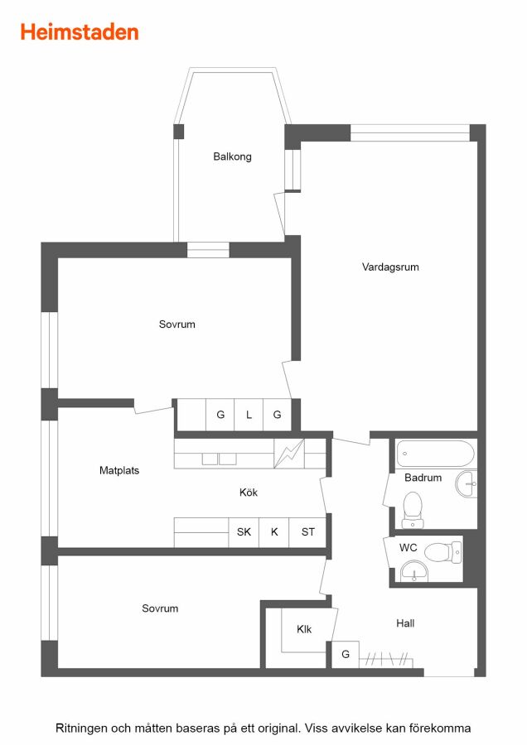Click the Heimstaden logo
(80, 31)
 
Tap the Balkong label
(232, 156)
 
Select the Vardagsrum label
(390, 267)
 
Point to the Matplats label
(119, 470)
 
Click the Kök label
(249, 493)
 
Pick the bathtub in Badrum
(435, 454)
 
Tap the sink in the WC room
(413, 570)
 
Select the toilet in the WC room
(442, 553)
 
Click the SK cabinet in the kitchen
(244, 532)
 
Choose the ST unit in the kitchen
(307, 532)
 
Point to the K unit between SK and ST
(274, 532)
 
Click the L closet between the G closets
(249, 415)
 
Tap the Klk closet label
(304, 629)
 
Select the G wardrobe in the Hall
(346, 654)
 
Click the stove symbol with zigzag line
(289, 454)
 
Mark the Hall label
(405, 623)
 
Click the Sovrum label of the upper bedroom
(177, 324)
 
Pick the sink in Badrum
(467, 483)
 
